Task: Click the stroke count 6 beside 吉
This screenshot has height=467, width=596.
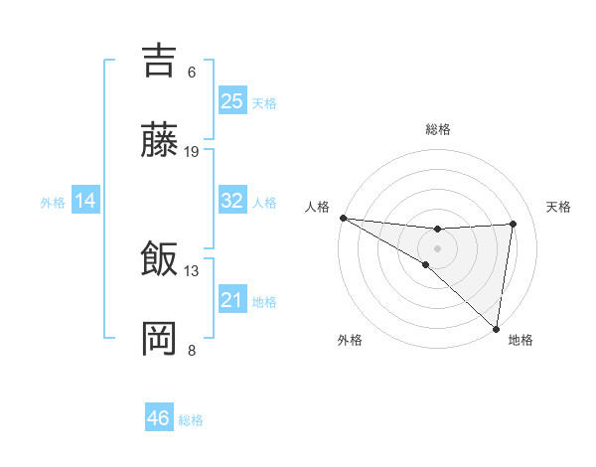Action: [192, 73]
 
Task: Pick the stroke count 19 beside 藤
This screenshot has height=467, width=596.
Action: [192, 152]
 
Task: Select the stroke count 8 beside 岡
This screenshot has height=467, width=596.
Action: [192, 350]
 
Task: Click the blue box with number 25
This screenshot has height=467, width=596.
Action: [232, 101]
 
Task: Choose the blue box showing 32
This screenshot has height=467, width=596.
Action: [232, 201]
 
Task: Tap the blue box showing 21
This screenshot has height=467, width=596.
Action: [232, 300]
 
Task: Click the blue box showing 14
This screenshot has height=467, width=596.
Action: [85, 202]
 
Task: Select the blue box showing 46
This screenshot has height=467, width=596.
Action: [159, 419]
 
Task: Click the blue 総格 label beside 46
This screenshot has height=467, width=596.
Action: [191, 421]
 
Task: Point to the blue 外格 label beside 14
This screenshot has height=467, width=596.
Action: [53, 203]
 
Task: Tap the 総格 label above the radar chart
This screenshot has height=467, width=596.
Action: [437, 129]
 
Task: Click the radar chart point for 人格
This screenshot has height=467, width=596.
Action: [343, 218]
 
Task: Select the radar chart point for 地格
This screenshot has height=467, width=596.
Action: [496, 327]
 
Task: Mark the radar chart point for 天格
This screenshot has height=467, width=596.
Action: [514, 224]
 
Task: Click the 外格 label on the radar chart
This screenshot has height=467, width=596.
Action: [349, 340]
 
